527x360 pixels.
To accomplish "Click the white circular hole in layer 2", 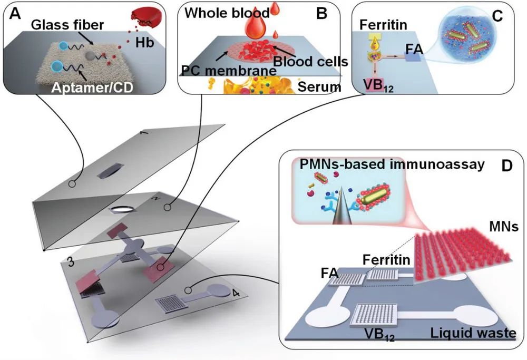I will click(x=122, y=209).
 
